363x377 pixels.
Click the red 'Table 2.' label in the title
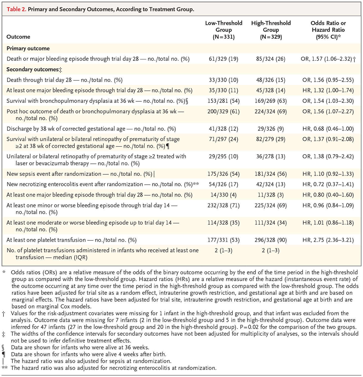point(16,9)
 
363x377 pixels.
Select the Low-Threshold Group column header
point(224,30)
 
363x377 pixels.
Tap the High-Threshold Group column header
point(271,30)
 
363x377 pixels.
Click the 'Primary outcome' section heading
point(28,48)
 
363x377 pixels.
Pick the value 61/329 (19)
point(224,59)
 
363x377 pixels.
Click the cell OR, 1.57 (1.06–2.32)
point(328,59)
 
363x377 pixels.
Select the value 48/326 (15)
point(271,80)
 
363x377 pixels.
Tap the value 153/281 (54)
point(224,101)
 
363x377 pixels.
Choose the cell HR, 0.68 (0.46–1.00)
point(328,129)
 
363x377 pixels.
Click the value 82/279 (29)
point(271,139)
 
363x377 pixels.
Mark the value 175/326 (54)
point(224,174)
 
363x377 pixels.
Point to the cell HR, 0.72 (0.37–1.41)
point(328,184)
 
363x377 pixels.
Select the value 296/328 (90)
point(271,240)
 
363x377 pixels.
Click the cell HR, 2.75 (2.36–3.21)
point(328,240)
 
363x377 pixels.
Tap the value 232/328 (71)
point(224,205)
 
